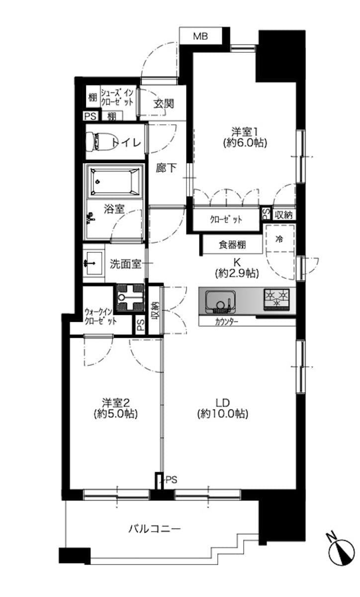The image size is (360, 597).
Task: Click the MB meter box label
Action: coord(200,36)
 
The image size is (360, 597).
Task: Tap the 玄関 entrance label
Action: coord(164,103)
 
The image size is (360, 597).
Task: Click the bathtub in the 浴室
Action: coord(115,181)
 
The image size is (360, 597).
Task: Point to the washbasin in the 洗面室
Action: coord(93,263)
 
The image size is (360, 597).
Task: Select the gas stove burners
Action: coord(276,299)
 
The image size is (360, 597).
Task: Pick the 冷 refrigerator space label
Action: coord(279,239)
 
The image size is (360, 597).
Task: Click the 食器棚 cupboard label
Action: coord(232,244)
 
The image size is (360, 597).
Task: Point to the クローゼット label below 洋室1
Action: coord(226,219)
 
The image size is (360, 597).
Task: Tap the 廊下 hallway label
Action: coord(166,168)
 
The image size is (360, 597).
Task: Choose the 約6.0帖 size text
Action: coord(245,143)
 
